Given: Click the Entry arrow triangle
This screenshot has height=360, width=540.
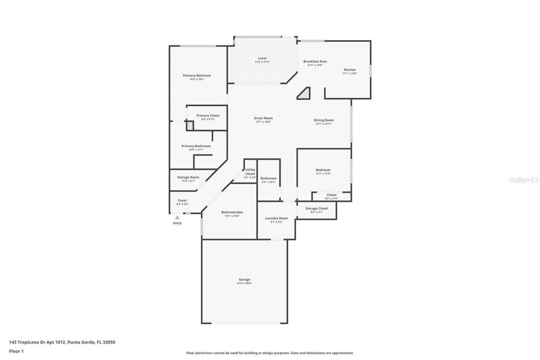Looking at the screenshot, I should (177, 217).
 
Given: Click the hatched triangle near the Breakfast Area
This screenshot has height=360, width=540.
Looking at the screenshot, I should (305, 94).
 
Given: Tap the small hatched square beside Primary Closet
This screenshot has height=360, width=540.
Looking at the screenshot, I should (190, 125).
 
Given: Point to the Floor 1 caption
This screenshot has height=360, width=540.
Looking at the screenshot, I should (16, 351).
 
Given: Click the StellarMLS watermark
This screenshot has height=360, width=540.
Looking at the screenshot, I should (524, 180).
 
